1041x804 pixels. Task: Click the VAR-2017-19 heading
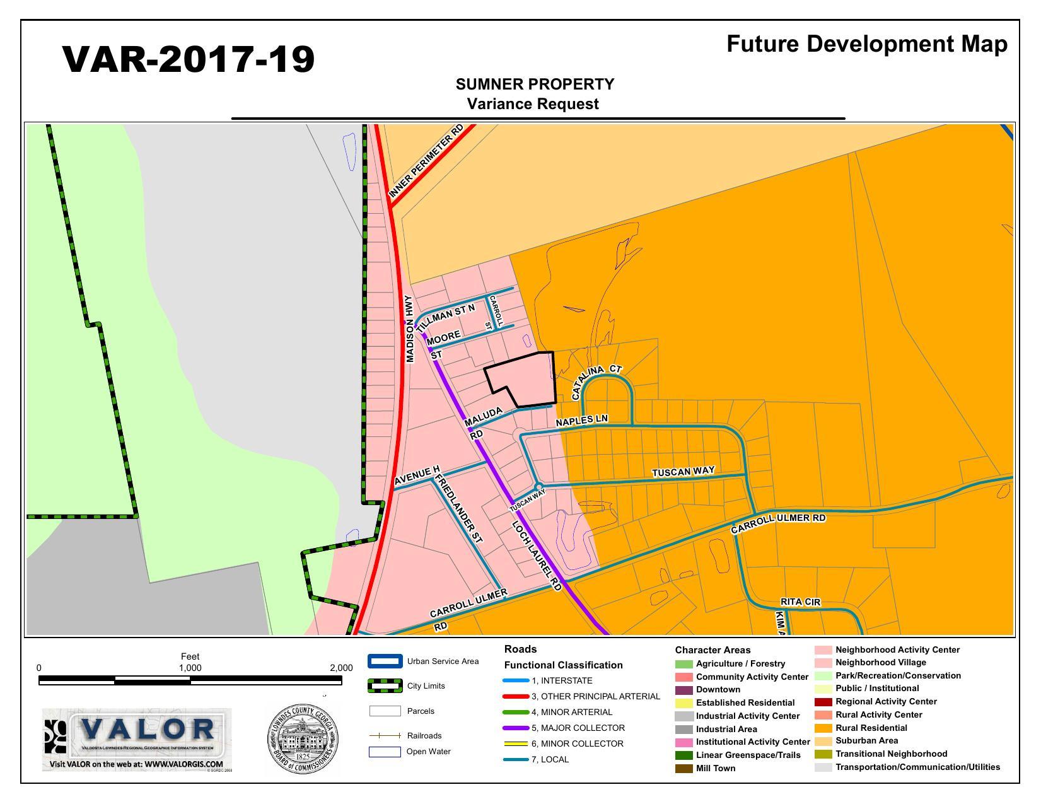coord(189,60)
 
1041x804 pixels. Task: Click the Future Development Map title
coord(867,44)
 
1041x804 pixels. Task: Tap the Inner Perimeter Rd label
coord(426,161)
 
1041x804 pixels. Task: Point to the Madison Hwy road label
coord(410,329)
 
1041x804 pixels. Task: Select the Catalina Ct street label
coord(596,382)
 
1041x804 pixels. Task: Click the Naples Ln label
coord(581,421)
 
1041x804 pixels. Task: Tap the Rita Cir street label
coord(800,602)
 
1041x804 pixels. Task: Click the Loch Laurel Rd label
coord(536,556)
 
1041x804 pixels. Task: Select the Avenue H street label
coord(417,477)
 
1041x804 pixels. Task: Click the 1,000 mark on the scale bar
coord(190,668)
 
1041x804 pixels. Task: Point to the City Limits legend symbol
coord(385,686)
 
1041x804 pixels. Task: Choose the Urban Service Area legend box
coord(385,661)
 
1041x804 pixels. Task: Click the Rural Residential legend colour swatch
coord(823,728)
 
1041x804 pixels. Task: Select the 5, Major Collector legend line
coord(516,728)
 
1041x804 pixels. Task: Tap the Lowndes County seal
coord(303,740)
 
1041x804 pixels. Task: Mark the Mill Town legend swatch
coord(683,768)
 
